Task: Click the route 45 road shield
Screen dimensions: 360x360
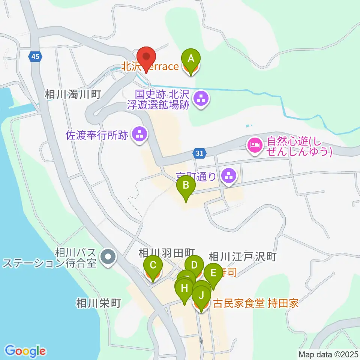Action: (x=35, y=57)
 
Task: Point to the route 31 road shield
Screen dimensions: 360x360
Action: (x=200, y=153)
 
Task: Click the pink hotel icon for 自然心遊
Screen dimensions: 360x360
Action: (x=255, y=145)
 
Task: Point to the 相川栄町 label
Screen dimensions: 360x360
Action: (x=98, y=303)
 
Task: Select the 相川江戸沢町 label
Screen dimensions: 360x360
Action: (x=242, y=257)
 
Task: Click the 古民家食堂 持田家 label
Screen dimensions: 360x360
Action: (x=256, y=303)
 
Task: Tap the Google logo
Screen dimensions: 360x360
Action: (x=25, y=351)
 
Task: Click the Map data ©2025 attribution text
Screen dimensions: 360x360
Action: (x=328, y=354)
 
